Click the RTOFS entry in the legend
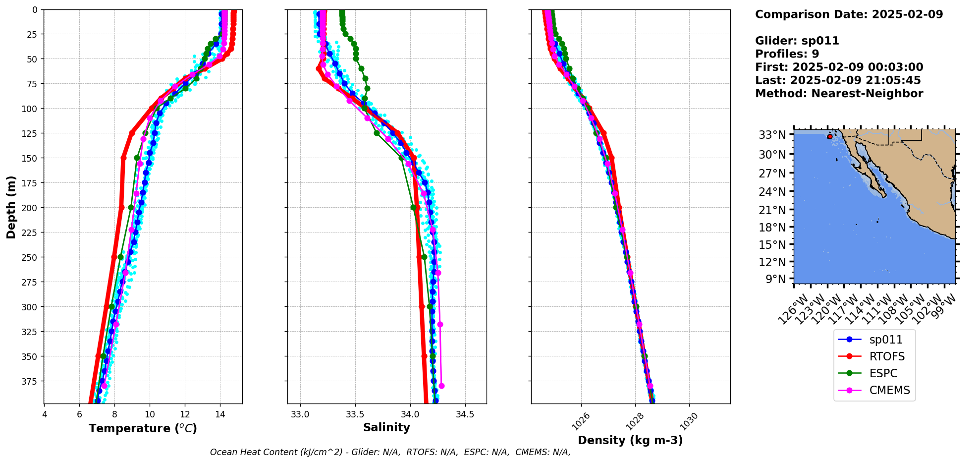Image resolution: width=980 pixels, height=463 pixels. (887, 356)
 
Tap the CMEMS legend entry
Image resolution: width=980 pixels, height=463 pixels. (889, 390)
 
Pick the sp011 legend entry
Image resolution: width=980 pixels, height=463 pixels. (886, 340)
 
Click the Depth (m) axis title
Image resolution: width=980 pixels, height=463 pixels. (11, 207)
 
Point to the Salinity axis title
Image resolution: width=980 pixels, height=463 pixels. (386, 428)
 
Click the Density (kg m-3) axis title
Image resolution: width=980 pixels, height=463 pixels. (630, 440)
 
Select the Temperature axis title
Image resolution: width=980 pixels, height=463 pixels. (143, 428)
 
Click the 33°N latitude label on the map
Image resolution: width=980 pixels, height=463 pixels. (773, 135)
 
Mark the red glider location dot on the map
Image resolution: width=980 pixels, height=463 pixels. (830, 136)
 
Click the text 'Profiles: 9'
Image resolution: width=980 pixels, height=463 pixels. (787, 54)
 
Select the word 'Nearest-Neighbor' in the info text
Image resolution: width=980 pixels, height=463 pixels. (867, 94)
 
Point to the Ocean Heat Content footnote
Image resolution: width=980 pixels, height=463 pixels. (390, 452)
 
